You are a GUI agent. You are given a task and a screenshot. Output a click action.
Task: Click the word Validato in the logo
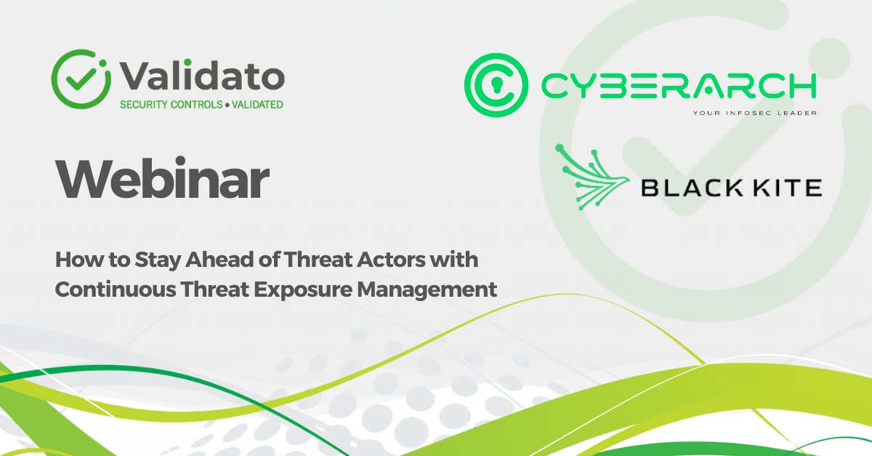202,75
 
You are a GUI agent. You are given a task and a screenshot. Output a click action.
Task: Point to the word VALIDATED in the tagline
258,105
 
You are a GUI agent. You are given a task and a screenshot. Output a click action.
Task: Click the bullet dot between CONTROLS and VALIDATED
227,105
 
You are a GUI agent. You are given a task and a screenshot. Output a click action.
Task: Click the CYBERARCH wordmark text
679,85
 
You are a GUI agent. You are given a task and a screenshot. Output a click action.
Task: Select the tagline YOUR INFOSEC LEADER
755,113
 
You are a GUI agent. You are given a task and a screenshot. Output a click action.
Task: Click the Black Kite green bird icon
592,177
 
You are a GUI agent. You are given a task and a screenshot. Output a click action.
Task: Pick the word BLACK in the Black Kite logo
692,188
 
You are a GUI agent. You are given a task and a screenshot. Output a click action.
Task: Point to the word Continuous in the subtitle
116,289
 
